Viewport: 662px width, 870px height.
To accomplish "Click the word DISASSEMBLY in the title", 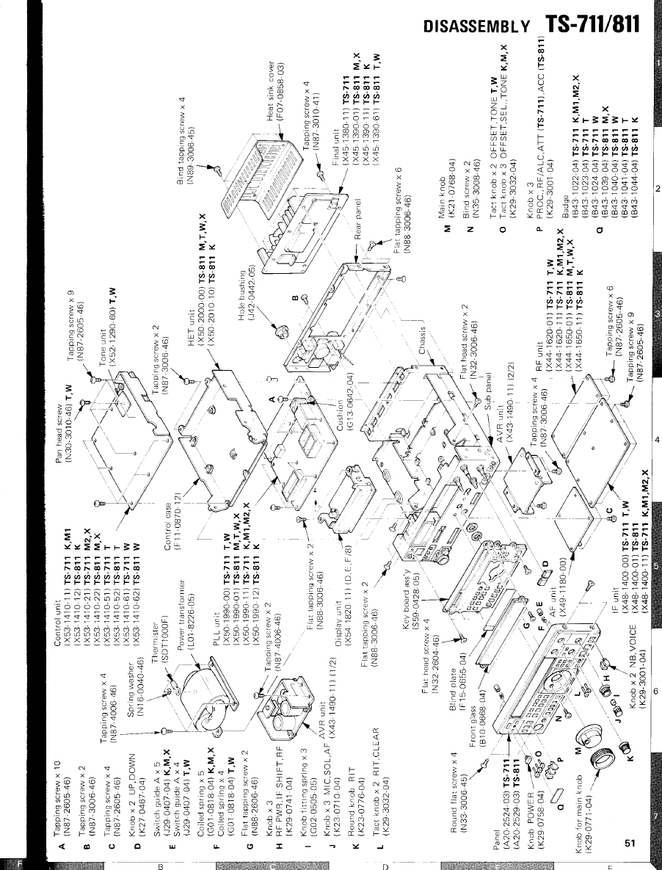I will click(x=477, y=27).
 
